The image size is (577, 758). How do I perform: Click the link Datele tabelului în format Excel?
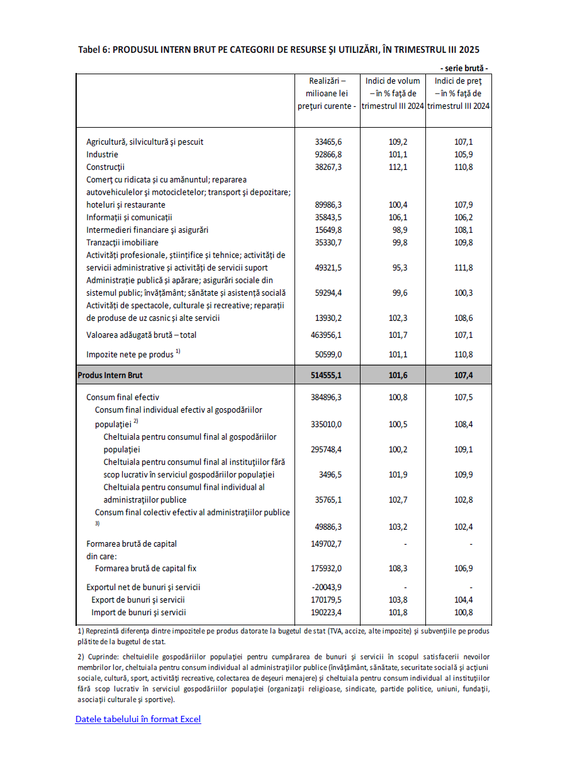click(138, 719)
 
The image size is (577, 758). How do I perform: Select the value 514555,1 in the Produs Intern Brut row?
click(327, 375)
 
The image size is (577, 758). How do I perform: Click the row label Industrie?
click(102, 154)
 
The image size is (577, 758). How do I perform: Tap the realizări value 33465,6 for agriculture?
click(328, 142)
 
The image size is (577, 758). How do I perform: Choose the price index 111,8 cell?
click(463, 267)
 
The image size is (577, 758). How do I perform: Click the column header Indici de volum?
click(392, 81)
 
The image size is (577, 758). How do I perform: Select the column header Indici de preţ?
click(458, 81)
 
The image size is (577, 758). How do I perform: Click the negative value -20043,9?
click(327, 587)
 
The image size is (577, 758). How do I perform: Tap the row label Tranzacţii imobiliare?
click(122, 242)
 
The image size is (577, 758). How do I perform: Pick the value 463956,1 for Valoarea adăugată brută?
click(327, 335)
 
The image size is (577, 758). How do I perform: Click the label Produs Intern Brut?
click(110, 375)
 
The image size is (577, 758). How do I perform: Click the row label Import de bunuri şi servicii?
click(138, 612)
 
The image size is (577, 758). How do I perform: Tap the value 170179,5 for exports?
click(327, 599)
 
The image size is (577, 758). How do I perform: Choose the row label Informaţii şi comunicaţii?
click(129, 217)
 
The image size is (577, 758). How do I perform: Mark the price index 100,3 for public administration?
click(463, 293)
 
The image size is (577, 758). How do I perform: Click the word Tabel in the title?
click(90, 50)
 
